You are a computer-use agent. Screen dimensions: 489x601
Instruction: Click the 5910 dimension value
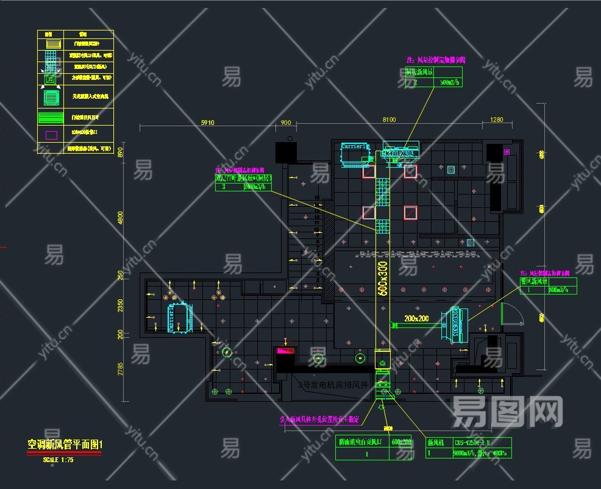click(x=207, y=122)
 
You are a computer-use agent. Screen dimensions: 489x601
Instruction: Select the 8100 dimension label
click(x=389, y=120)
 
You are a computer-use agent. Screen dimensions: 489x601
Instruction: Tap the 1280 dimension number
click(x=497, y=120)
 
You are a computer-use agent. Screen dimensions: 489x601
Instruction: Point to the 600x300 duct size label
click(x=383, y=279)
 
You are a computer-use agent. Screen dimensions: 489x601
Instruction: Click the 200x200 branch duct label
click(x=416, y=318)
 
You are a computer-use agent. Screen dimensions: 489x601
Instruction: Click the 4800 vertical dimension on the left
click(x=120, y=218)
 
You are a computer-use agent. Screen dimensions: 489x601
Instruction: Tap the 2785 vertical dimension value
click(x=121, y=369)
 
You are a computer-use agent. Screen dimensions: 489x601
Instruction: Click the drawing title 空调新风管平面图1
click(x=65, y=444)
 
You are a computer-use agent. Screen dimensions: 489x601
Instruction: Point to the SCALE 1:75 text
click(x=59, y=460)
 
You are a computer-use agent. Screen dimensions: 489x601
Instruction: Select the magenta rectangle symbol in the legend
click(x=52, y=134)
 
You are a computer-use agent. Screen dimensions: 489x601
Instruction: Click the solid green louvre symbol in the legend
click(x=52, y=117)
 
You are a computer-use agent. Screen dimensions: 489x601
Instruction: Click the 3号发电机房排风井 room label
click(x=334, y=385)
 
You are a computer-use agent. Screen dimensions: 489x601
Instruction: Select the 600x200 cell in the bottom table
click(x=401, y=442)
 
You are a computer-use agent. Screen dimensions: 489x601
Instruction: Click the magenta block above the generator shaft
click(x=286, y=351)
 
